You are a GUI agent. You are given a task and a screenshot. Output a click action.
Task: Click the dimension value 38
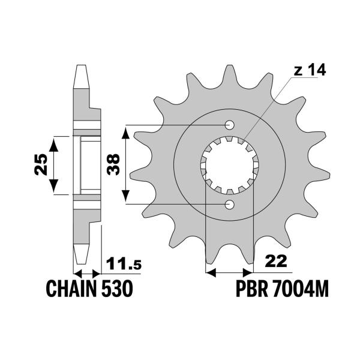pyautogui.click(x=112, y=163)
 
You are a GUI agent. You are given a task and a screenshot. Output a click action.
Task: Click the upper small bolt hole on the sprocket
pyautogui.click(x=229, y=125)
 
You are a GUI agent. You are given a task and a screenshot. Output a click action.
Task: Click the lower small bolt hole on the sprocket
pyautogui.click(x=229, y=206)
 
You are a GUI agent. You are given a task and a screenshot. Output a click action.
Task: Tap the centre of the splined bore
pyautogui.click(x=229, y=166)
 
